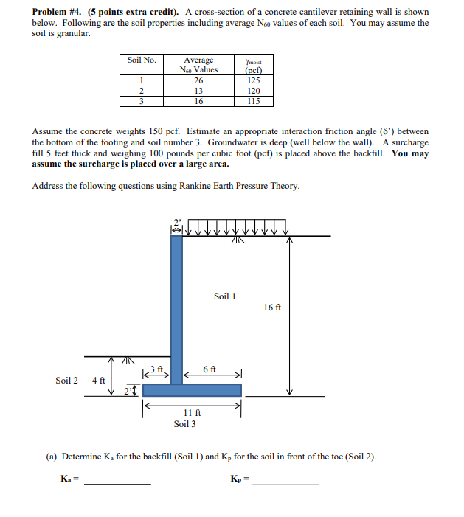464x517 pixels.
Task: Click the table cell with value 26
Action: point(198,81)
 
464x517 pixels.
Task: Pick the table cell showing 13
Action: point(198,91)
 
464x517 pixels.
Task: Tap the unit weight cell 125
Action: point(254,81)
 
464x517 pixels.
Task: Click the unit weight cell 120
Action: point(254,91)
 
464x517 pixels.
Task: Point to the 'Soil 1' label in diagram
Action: point(225,296)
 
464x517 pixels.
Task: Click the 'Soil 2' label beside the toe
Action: point(67,381)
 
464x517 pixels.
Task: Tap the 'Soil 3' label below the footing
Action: point(184,424)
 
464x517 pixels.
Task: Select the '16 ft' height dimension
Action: point(272,308)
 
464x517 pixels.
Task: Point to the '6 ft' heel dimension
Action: point(210,369)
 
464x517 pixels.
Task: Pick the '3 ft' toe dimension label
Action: point(156,369)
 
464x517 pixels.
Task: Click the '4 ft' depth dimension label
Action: point(98,381)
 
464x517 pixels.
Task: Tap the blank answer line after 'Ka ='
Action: point(118,483)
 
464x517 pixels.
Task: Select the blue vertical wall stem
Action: point(177,302)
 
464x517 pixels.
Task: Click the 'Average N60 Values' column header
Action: point(198,65)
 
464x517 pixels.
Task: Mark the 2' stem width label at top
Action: point(176,221)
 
